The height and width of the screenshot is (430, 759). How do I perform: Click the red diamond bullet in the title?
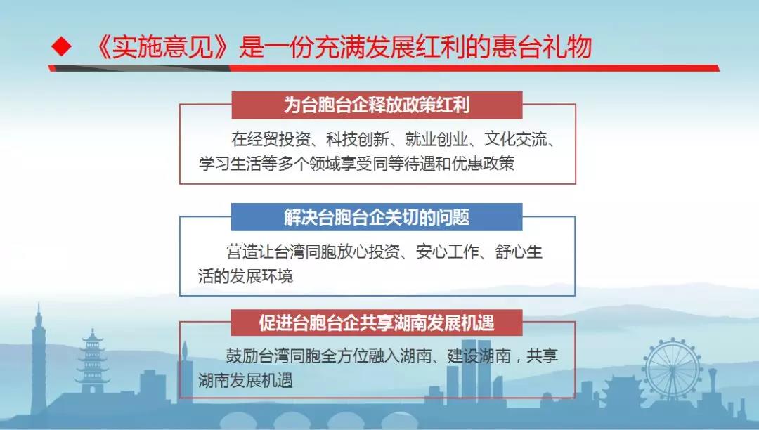(x=61, y=47)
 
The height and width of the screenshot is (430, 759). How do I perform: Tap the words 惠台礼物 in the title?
(x=542, y=47)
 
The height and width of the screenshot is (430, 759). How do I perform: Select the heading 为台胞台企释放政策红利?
(x=377, y=105)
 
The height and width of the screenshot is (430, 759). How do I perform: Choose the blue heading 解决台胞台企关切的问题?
(x=377, y=217)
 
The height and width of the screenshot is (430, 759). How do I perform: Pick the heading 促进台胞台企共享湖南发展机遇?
(x=377, y=322)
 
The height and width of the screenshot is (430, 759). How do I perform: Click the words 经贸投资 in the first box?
(x=278, y=139)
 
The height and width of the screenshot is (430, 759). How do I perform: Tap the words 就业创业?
(x=436, y=139)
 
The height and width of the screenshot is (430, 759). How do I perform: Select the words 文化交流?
(x=516, y=139)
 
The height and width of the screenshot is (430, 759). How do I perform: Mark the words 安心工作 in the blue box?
(x=448, y=252)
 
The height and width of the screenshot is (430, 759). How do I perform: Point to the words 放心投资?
(x=368, y=252)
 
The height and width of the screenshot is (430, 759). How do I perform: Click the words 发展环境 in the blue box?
(x=261, y=276)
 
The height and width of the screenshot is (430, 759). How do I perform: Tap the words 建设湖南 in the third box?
(x=479, y=356)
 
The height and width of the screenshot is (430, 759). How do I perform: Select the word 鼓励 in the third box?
(x=242, y=356)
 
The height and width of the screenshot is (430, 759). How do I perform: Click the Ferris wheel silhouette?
(x=673, y=369)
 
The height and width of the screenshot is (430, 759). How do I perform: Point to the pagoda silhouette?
(x=92, y=360)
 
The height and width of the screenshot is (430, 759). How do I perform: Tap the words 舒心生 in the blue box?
(x=519, y=252)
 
